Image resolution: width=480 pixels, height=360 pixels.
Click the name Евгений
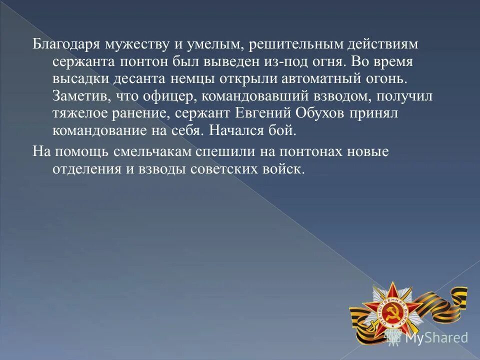[x=263, y=114]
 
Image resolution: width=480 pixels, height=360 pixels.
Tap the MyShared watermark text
[x=436, y=338]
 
